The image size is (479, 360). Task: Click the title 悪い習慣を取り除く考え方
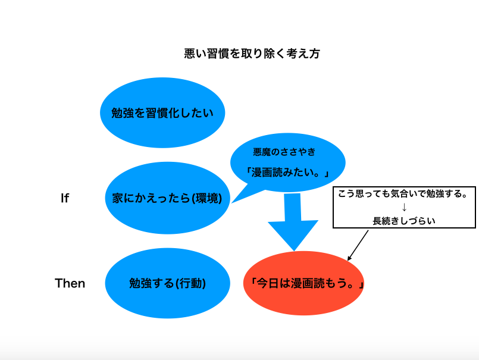(252, 54)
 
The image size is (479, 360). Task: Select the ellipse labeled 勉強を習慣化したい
(162, 113)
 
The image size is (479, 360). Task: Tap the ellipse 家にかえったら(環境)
(167, 198)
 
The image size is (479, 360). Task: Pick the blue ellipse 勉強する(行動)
(167, 283)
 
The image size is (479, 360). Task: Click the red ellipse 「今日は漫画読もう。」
(303, 283)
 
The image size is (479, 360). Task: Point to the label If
(65, 198)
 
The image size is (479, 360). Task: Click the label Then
(70, 283)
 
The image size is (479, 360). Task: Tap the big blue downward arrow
(293, 221)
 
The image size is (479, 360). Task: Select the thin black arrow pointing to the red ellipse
(358, 245)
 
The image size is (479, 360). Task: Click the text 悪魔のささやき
(284, 152)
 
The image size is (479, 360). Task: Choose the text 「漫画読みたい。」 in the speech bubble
(287, 173)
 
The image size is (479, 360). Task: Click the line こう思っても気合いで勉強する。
(403, 194)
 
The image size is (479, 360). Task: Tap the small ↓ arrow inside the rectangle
(404, 208)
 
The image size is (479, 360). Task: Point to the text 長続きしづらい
(404, 221)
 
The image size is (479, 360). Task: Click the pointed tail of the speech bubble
(232, 203)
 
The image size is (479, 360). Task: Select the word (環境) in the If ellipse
(207, 198)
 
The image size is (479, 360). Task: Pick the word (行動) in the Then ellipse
(190, 283)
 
